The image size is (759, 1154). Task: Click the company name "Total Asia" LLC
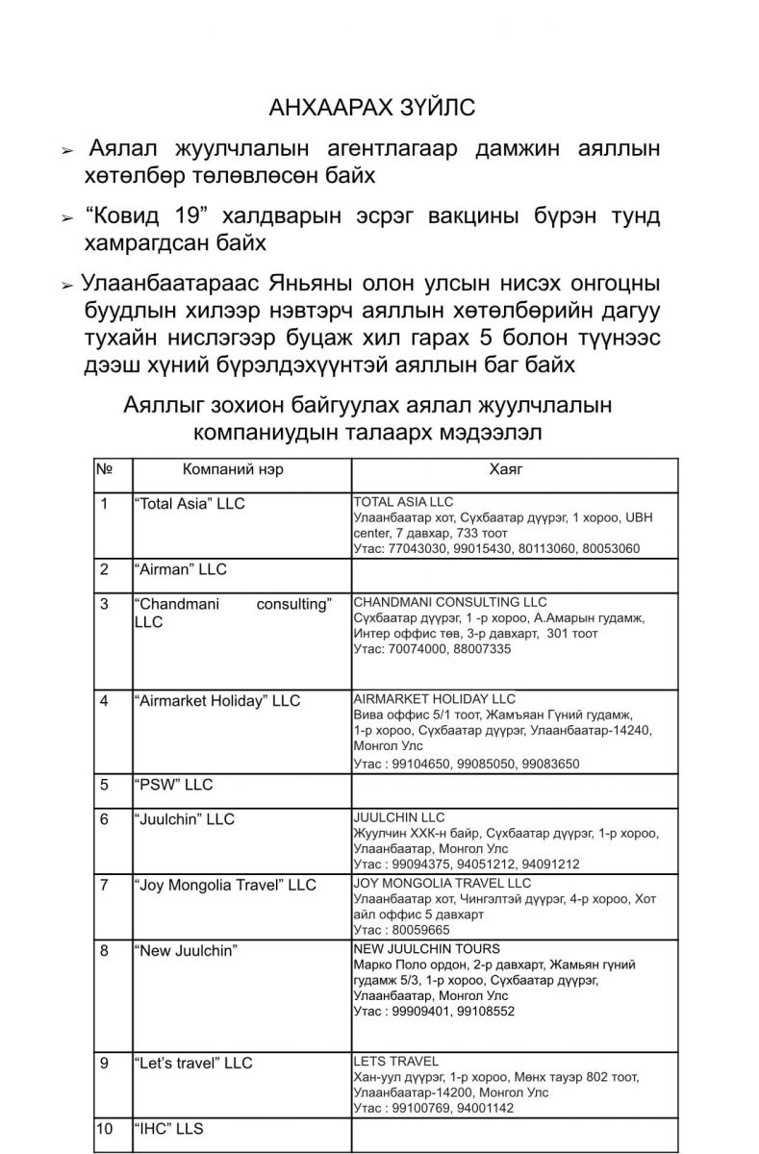(x=190, y=504)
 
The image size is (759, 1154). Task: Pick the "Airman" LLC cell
(x=180, y=569)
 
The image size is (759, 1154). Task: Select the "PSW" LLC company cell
(x=173, y=785)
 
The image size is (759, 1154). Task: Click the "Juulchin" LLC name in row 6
(x=185, y=819)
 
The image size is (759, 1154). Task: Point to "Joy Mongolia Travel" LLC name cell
(x=225, y=885)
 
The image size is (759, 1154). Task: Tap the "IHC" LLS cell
(x=169, y=1129)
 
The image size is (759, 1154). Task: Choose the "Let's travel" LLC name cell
(x=193, y=1064)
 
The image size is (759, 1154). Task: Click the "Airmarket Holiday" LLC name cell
(x=217, y=701)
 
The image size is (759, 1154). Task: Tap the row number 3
(x=104, y=604)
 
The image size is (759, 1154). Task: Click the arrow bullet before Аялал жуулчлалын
(x=66, y=152)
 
